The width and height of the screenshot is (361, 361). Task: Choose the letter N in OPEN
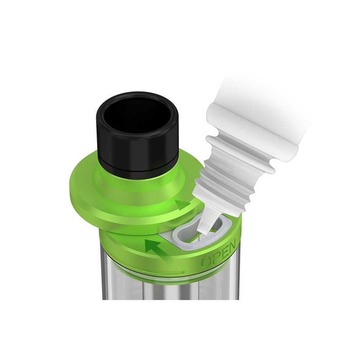[231, 246]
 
